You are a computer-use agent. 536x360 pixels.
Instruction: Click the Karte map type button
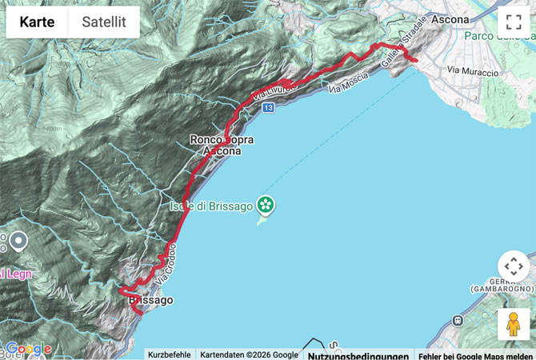point(37,22)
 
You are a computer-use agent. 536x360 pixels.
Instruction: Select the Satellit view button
point(104,22)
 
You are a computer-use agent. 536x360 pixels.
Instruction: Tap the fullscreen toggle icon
point(513,22)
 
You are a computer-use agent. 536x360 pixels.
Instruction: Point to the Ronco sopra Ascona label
point(222,145)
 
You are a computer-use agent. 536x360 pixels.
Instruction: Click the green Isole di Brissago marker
point(266,206)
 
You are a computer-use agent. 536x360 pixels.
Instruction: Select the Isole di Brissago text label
point(210,206)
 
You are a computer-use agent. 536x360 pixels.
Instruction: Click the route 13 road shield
point(267,107)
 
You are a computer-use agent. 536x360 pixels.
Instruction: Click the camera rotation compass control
point(513,266)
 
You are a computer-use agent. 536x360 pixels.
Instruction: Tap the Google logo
point(27,349)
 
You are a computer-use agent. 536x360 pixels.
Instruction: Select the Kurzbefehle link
point(169,354)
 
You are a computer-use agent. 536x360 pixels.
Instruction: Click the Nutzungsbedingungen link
point(358,355)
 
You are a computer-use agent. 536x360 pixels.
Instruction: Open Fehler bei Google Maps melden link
point(475,355)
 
